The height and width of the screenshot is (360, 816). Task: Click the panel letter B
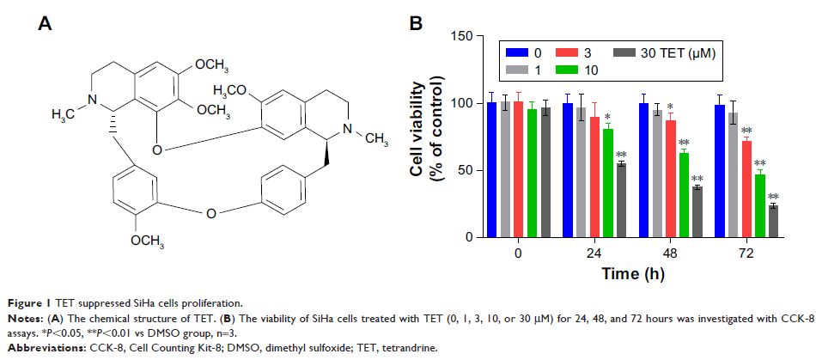coord(415,23)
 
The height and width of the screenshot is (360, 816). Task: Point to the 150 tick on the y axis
coord(461,37)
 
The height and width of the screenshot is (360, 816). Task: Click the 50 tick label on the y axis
coord(465,170)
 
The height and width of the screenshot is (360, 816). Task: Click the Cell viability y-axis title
coord(427,136)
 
